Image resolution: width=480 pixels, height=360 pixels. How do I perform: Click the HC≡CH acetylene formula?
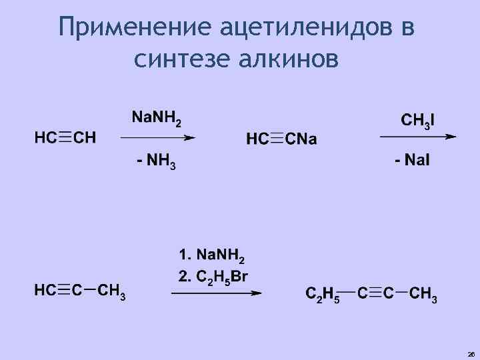click(x=65, y=138)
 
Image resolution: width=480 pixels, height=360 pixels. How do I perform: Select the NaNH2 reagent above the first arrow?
click(x=156, y=118)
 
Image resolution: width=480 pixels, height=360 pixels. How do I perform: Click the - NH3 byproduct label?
click(x=156, y=161)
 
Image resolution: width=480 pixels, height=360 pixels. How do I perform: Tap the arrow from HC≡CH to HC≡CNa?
click(x=157, y=138)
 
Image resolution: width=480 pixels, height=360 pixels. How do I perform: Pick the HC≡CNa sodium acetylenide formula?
click(x=282, y=139)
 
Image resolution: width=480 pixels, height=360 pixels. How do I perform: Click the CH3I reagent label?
click(x=418, y=121)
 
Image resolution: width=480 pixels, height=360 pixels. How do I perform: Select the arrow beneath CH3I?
click(x=418, y=137)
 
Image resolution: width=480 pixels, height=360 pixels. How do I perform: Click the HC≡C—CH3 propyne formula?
click(x=80, y=291)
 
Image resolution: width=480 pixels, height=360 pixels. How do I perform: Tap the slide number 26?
click(x=471, y=354)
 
